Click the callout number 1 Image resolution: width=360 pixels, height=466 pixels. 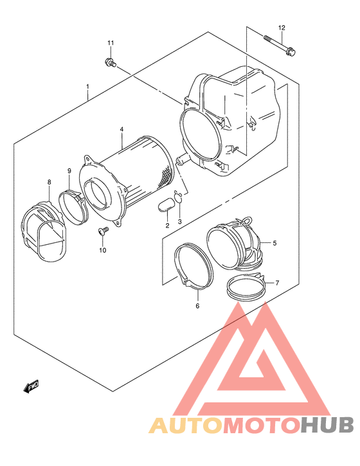pos(88,85)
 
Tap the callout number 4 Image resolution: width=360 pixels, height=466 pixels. pos(121,130)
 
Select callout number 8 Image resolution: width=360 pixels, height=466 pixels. pos(49,183)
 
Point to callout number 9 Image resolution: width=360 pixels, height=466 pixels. pos(69,171)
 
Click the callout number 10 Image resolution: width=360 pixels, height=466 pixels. pos(102,250)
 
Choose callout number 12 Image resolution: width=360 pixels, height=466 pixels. pos(281,27)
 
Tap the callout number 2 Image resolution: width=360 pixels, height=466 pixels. pos(166,226)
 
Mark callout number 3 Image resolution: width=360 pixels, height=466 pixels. pos(180,222)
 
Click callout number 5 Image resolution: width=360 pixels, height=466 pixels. pos(274,243)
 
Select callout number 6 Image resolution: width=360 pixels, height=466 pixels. pos(197,305)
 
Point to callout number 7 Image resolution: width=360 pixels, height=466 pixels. pos(278,283)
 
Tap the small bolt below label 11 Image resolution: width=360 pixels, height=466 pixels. pos(109,62)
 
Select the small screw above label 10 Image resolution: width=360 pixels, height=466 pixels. pos(101,231)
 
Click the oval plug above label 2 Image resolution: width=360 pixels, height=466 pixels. pos(165,206)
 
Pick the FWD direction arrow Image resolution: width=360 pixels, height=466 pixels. pos(31,386)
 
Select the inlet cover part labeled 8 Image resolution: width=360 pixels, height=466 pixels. pos(43,231)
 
